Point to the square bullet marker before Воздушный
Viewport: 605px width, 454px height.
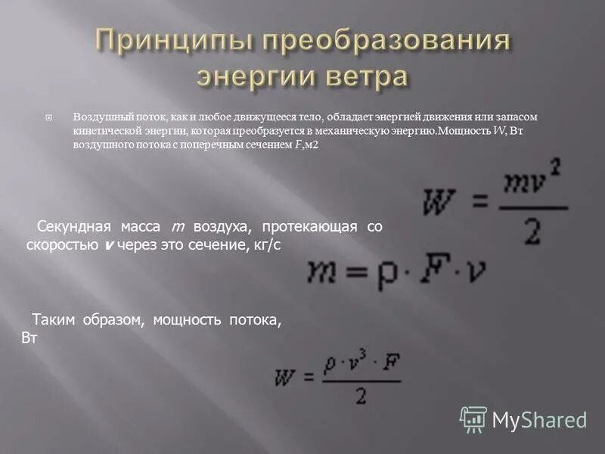pyautogui.click(x=49, y=119)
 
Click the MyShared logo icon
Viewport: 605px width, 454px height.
pyautogui.click(x=473, y=418)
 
